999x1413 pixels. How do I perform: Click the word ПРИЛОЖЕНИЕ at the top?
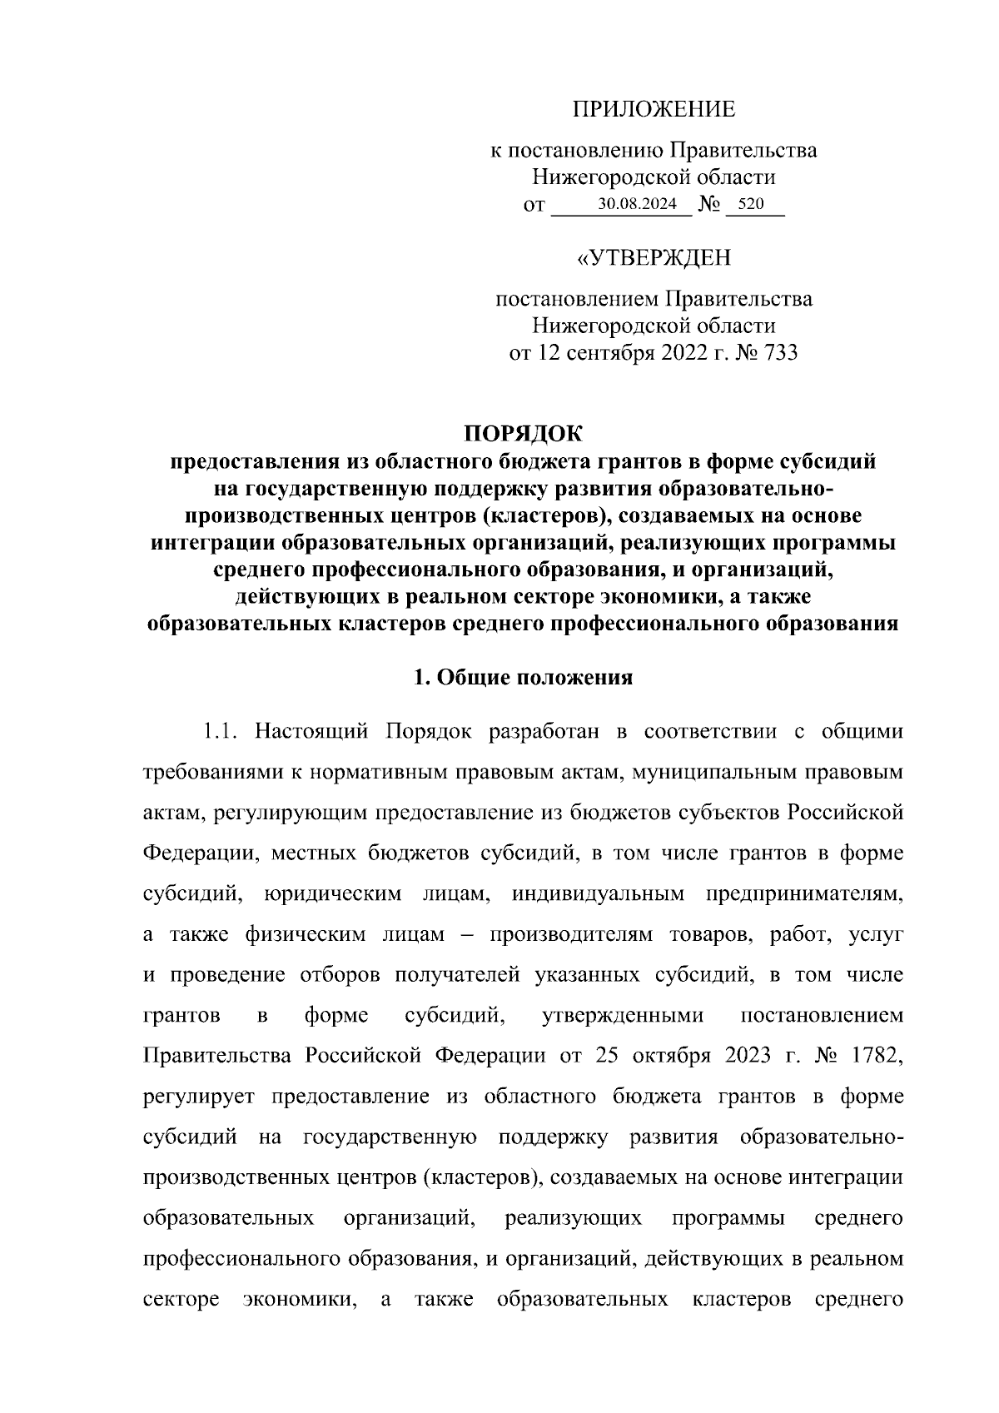654,109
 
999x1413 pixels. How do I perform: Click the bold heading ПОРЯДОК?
524,434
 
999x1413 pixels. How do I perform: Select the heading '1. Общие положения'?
524,677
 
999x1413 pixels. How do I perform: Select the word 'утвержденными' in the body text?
622,1016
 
